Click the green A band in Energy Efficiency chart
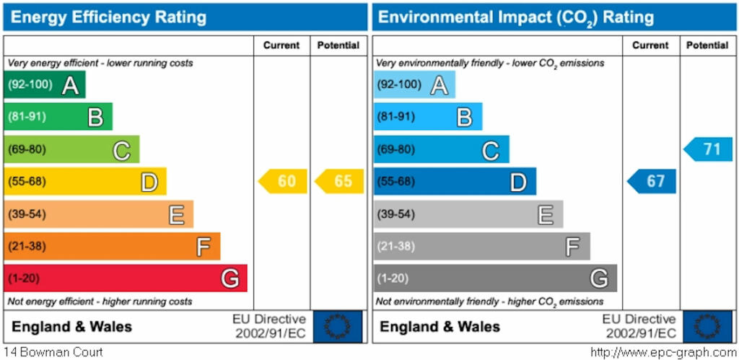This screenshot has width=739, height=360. (45, 84)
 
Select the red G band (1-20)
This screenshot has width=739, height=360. (126, 278)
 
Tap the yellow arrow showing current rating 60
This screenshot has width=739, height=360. (283, 181)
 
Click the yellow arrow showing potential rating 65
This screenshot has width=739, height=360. (340, 181)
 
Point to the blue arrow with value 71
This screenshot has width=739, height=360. (709, 149)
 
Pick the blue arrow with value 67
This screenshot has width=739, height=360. (652, 181)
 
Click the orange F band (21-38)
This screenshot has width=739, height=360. (112, 246)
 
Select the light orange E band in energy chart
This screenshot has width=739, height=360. (98, 214)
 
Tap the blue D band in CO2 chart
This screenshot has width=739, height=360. (455, 181)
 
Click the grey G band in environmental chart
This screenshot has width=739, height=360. (495, 278)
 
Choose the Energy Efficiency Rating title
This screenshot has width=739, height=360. (109, 17)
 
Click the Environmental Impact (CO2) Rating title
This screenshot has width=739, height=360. (516, 17)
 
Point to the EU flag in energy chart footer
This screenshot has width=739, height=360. (337, 327)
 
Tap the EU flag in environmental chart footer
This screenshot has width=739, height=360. (707, 327)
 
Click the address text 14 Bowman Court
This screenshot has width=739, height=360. (52, 353)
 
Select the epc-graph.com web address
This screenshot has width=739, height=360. (663, 353)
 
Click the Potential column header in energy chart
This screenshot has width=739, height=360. (338, 45)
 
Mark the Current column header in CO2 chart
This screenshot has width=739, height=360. (650, 45)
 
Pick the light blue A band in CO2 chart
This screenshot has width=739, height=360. (414, 84)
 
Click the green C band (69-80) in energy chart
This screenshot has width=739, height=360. (71, 149)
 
